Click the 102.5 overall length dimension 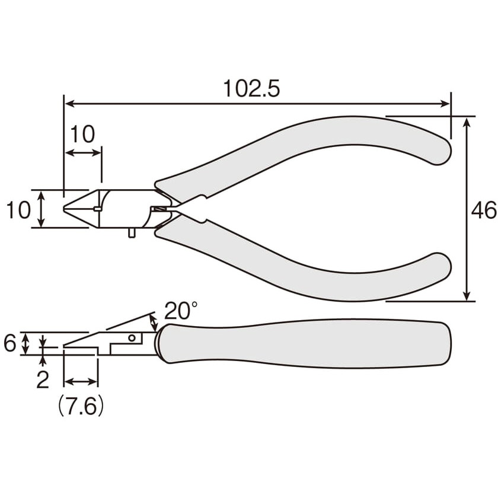[251, 88]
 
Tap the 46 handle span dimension [483, 210]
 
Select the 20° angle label [181, 310]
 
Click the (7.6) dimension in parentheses [81, 406]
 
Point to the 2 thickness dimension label [43, 379]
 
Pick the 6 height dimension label [10, 343]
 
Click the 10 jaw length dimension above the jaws [82, 134]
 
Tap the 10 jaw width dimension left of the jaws [18, 210]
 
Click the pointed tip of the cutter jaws [64, 209]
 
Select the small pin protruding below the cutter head [132, 232]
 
